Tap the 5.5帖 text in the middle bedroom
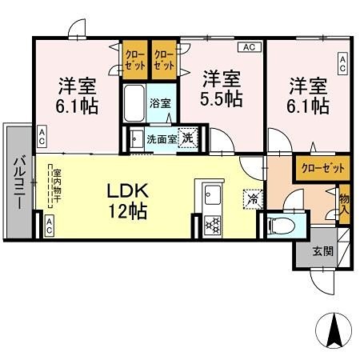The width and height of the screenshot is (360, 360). [x=222, y=98]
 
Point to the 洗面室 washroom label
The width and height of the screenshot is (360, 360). [x=160, y=138]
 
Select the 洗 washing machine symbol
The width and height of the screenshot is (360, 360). [x=187, y=137]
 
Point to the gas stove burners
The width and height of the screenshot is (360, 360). [x=213, y=223]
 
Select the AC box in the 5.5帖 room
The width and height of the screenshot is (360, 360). [x=248, y=47]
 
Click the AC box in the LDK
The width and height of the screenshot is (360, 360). [x=50, y=226]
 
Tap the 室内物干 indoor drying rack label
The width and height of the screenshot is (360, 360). [x=57, y=186]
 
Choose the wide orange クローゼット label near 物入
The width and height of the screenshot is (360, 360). [x=324, y=168]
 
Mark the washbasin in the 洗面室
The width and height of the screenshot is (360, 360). [x=136, y=138]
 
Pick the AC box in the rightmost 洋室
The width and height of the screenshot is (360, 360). [x=342, y=64]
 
